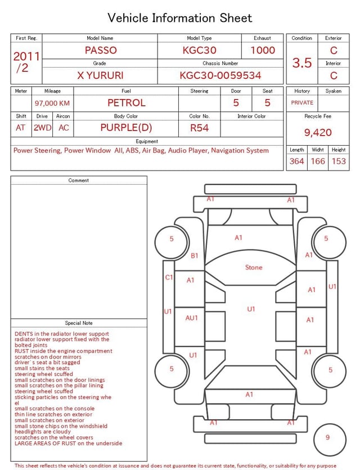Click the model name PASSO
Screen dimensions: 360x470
(x=101, y=50)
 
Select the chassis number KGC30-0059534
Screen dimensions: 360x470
(x=220, y=75)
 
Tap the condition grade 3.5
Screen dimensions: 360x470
(x=302, y=63)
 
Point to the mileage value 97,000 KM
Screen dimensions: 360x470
(x=52, y=104)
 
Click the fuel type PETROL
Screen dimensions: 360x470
(x=127, y=103)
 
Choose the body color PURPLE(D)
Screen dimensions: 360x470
(x=126, y=128)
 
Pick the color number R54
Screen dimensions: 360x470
(x=199, y=128)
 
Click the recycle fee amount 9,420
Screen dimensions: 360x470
(x=318, y=132)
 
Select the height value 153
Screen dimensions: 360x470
(x=339, y=161)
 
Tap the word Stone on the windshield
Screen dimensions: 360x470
(x=254, y=267)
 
